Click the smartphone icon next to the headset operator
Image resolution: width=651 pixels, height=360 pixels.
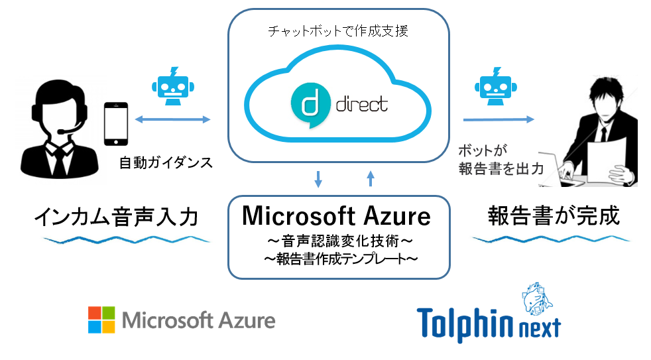(x=116, y=124)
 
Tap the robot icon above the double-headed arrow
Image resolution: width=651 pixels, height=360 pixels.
(x=173, y=86)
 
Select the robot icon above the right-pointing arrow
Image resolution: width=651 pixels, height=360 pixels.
(x=496, y=86)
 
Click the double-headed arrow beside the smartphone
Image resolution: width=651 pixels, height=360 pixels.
(x=173, y=119)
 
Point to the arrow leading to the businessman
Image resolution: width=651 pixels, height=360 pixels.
(x=499, y=119)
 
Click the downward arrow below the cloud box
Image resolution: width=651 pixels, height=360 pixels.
(x=318, y=178)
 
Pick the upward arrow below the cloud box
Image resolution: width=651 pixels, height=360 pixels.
(x=371, y=178)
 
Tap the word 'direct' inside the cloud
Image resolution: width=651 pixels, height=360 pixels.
(x=361, y=105)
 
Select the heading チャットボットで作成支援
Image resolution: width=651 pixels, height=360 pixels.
(x=338, y=31)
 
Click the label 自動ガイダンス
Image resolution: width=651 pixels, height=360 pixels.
(x=166, y=162)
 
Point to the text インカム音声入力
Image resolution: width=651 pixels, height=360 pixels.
(x=116, y=217)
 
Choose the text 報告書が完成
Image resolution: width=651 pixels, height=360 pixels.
(x=554, y=215)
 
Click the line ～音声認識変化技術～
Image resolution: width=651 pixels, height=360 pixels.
(x=339, y=241)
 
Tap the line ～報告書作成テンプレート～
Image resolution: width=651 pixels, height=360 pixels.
(x=341, y=259)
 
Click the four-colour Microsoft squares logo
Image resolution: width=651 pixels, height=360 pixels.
(x=101, y=320)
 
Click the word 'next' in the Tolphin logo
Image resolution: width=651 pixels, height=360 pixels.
(x=540, y=328)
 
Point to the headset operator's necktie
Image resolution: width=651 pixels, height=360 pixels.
(x=60, y=160)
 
